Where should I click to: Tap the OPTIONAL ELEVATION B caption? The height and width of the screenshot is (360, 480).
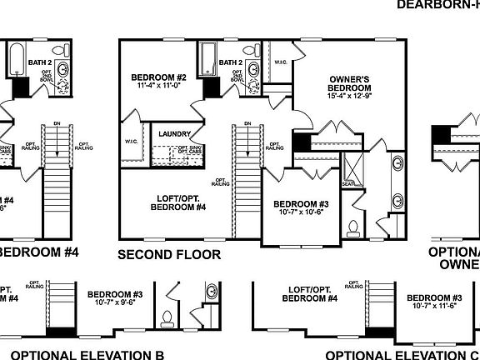(x=87, y=354)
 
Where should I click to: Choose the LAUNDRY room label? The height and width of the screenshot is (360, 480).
(x=176, y=134)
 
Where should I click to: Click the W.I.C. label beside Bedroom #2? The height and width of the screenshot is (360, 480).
(x=132, y=141)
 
